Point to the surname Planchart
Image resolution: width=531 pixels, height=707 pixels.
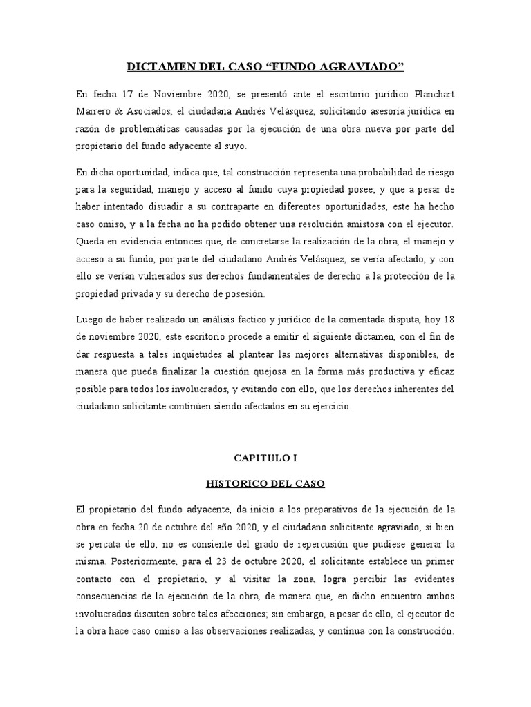coord(433,94)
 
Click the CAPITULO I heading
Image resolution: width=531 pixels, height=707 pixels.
coord(265,457)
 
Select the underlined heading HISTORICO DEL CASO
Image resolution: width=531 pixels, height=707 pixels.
coord(265,484)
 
